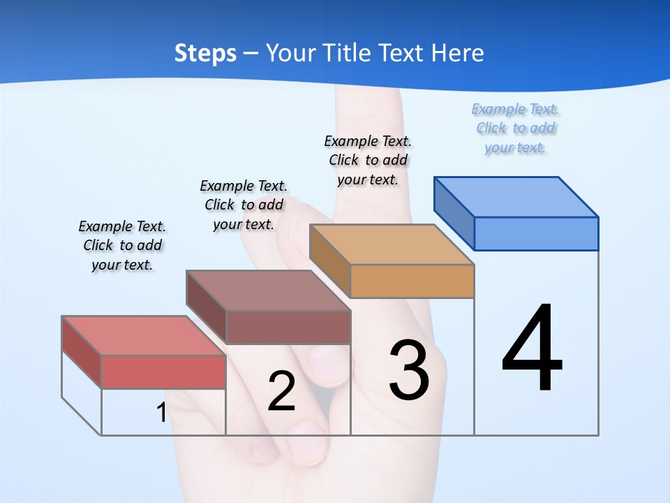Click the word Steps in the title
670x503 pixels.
[x=205, y=53]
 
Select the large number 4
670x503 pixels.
[x=533, y=349]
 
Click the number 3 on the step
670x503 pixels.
[x=410, y=370]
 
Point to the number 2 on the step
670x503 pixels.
[x=281, y=391]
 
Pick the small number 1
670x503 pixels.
[x=161, y=412]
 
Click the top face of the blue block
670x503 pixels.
[x=516, y=196]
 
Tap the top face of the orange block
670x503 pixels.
[x=392, y=244]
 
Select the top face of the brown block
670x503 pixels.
[x=268, y=290]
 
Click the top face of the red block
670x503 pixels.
[x=144, y=335]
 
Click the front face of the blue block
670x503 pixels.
[x=536, y=233]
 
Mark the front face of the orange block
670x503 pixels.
[x=412, y=281]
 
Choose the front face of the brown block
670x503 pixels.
[x=288, y=327]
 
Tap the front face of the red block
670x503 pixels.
[x=163, y=372]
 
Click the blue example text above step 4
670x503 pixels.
[x=516, y=129]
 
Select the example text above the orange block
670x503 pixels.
[x=368, y=160]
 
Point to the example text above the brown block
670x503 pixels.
[x=244, y=205]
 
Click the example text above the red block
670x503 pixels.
[x=122, y=245]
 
